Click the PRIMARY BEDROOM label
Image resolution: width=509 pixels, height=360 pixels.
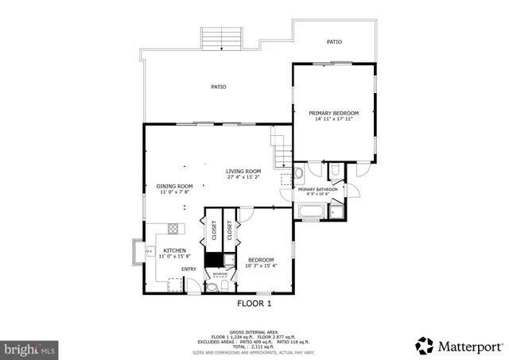click(x=334, y=114)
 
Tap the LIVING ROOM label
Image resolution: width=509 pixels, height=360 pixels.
click(x=243, y=171)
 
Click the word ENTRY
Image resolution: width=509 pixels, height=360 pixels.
click(x=188, y=269)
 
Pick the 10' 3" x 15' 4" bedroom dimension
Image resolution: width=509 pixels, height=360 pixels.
click(x=261, y=266)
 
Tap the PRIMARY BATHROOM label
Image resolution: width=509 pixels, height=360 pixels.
click(x=318, y=189)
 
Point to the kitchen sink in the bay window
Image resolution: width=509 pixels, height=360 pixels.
click(x=148, y=251)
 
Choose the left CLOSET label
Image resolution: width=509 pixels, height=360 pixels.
click(x=214, y=231)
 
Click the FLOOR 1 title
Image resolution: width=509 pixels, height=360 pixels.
click(x=254, y=304)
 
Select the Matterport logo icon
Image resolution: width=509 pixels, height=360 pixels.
click(x=424, y=346)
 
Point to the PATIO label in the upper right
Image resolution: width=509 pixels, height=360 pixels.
click(x=335, y=41)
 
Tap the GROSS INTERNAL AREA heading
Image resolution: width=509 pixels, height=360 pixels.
click(x=254, y=332)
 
